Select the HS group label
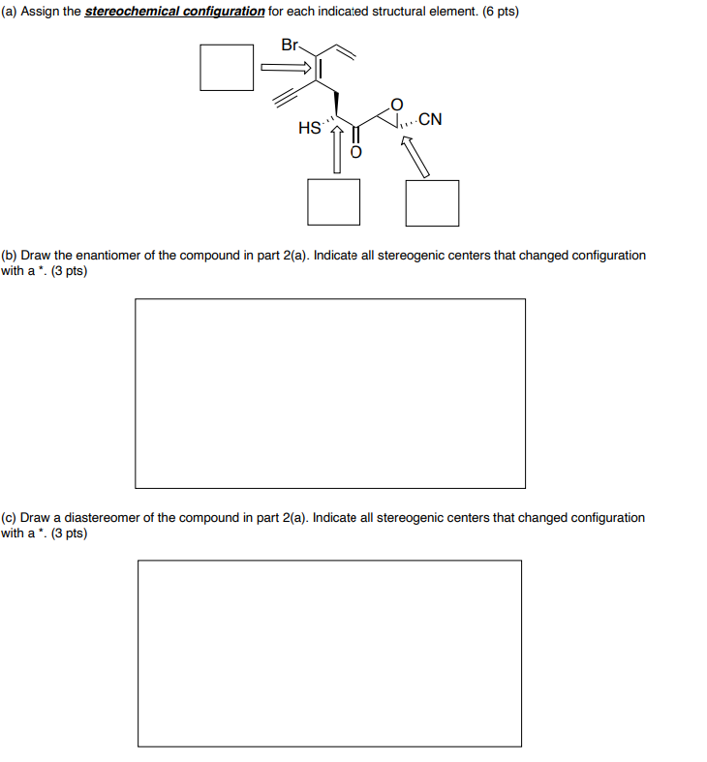coord(310,127)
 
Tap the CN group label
coord(431,121)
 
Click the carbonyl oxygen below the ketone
coord(355,152)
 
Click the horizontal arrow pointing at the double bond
coord(288,68)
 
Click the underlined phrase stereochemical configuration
coord(174,12)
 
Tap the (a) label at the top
coord(9,12)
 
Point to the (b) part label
coord(9,256)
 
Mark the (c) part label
coord(9,518)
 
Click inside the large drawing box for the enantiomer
coord(330,393)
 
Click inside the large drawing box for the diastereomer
coord(329,654)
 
